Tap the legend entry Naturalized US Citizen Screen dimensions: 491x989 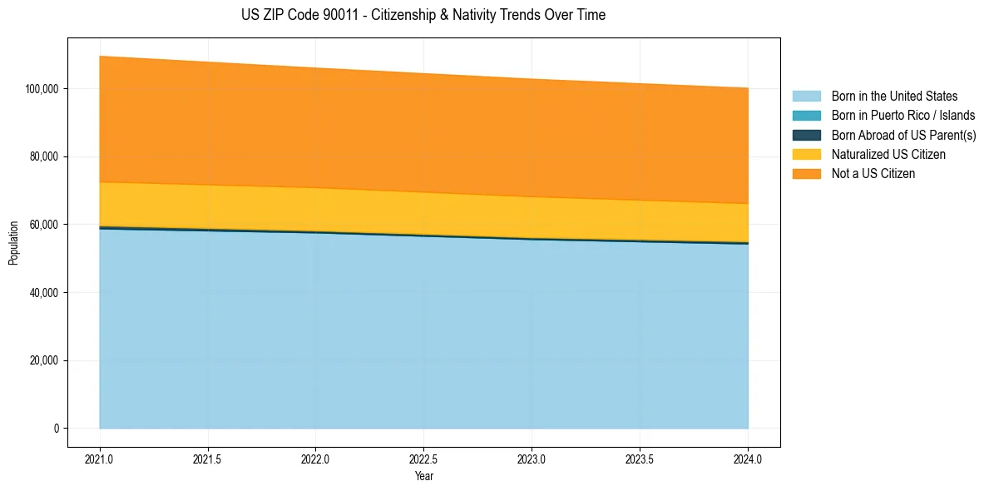[x=888, y=155]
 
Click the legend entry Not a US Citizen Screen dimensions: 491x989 [x=873, y=174]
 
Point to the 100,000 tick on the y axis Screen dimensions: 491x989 [x=43, y=88]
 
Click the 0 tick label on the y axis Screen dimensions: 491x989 [x=57, y=429]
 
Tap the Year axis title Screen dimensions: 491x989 [x=423, y=477]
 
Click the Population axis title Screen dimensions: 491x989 [x=13, y=243]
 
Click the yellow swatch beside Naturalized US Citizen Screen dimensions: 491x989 [x=806, y=155]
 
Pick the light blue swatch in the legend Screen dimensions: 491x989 [x=806, y=97]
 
